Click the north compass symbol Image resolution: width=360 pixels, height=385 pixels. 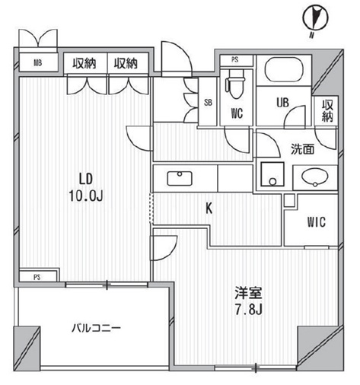[313, 18]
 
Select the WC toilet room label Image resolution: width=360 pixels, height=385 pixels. [236, 116]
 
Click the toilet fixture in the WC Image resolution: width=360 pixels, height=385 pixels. [235, 84]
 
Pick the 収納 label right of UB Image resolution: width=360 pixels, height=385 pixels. [327, 110]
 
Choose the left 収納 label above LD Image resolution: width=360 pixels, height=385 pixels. [84, 62]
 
